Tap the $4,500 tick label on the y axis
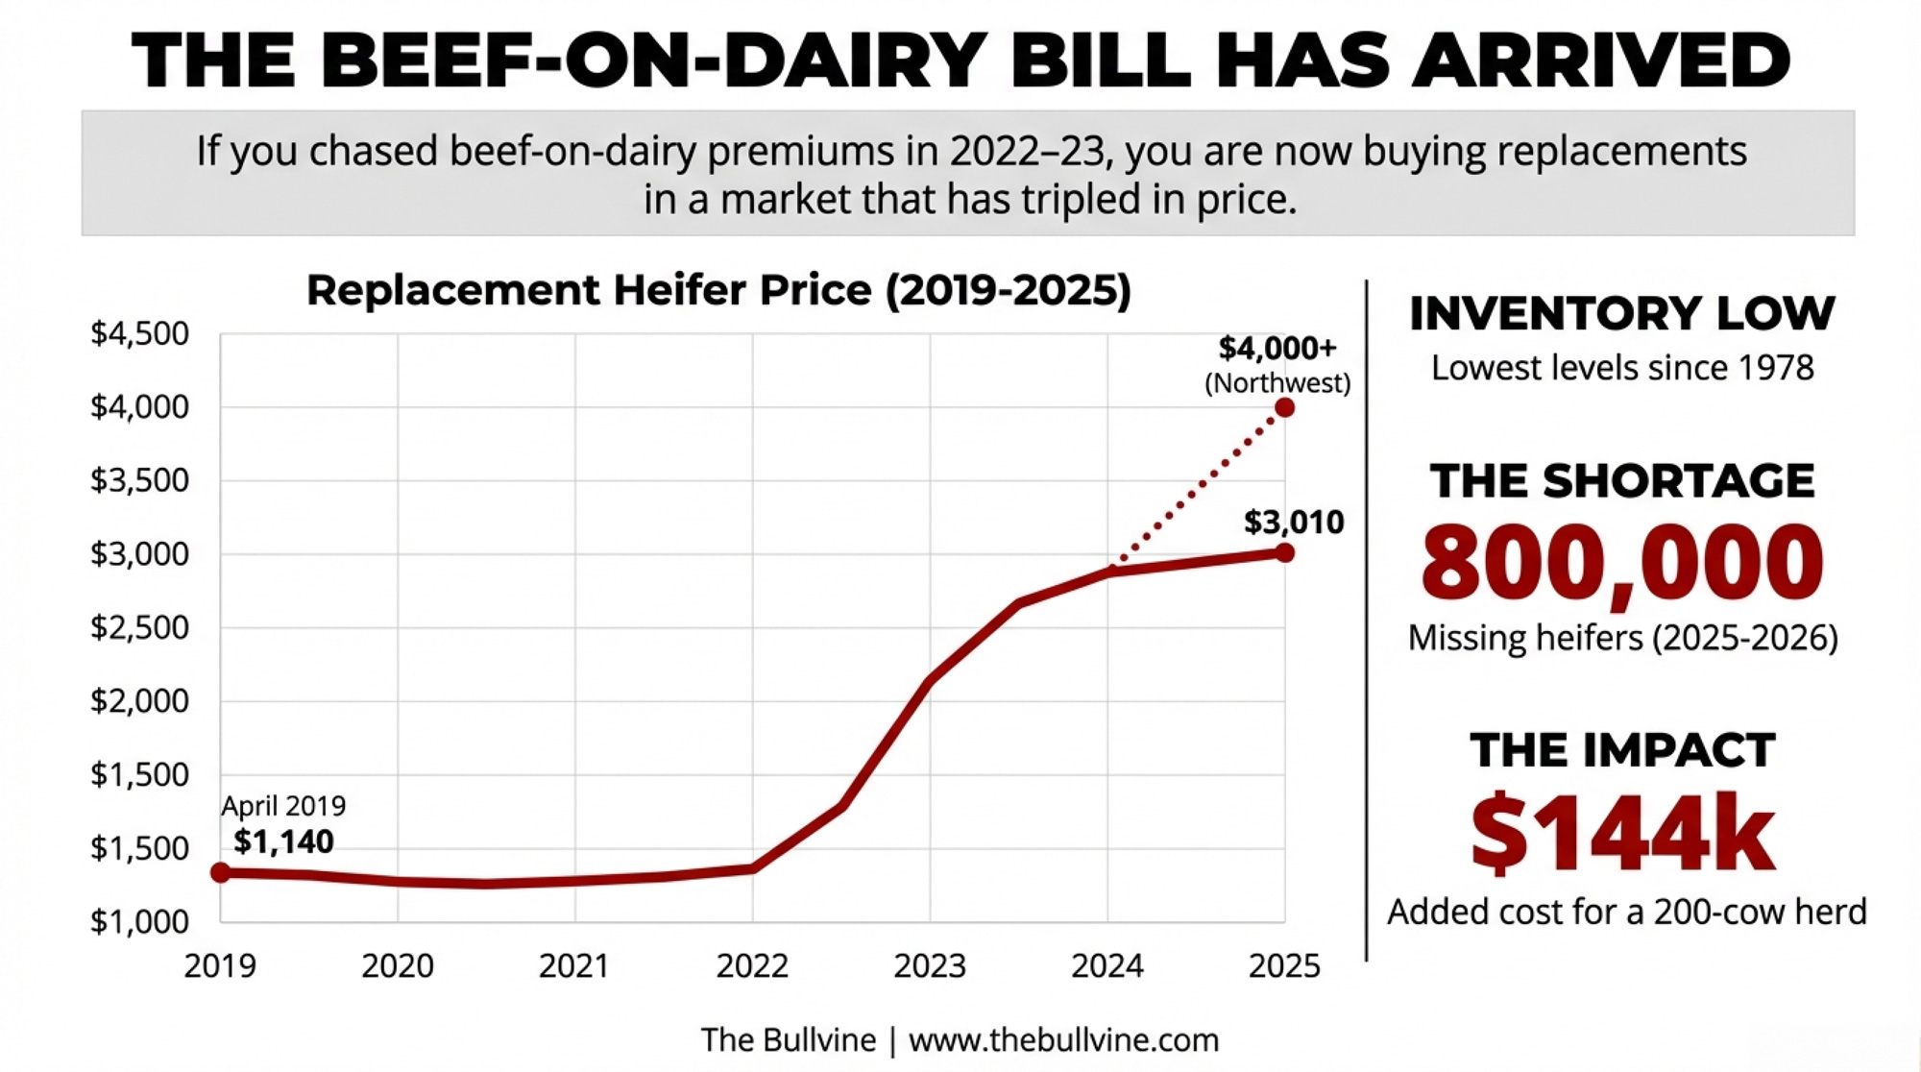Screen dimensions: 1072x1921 (140, 333)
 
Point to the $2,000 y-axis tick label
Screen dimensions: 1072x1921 (140, 701)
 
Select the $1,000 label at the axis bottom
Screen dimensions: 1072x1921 (140, 922)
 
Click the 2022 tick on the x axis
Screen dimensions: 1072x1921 (752, 965)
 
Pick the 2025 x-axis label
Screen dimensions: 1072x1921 (1284, 965)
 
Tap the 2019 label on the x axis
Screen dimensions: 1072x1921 (220, 965)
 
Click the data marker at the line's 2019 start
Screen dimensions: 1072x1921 (221, 872)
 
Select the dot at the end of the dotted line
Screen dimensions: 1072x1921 (1284, 408)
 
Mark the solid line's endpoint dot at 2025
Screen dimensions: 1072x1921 (1284, 552)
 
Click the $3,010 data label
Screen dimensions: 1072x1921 (1294, 523)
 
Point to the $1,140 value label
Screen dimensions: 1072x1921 (283, 841)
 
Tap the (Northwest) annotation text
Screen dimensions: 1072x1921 (1277, 383)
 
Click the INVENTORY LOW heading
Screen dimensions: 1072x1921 (1622, 314)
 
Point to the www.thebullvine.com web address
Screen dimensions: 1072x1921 (1063, 1039)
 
